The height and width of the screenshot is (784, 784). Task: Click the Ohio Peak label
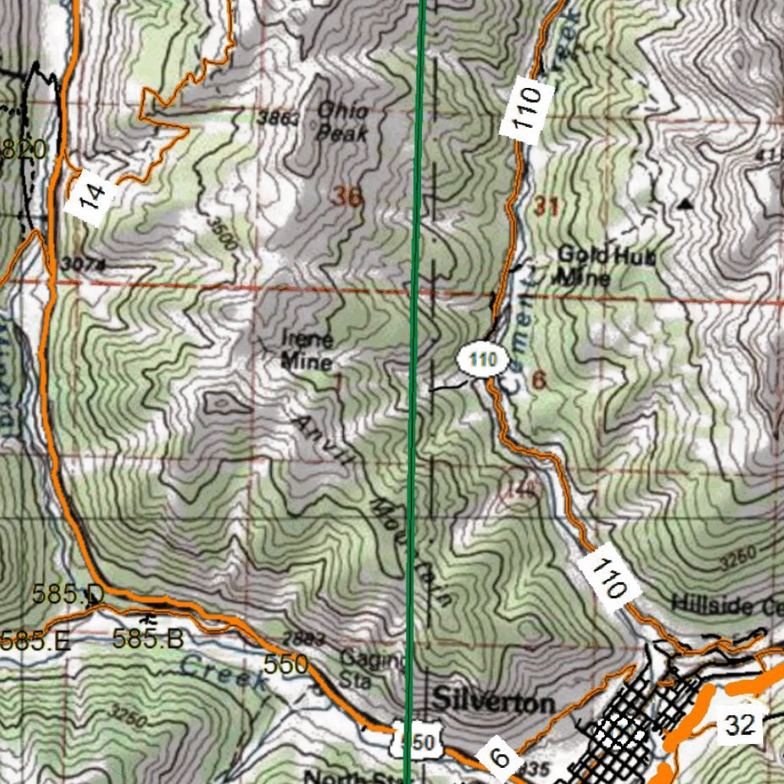click(342, 122)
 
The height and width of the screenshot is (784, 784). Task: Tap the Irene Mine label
click(307, 350)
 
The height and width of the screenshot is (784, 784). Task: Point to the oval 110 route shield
click(483, 359)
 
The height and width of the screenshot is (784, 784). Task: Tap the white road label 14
click(91, 196)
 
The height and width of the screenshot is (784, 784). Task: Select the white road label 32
click(740, 724)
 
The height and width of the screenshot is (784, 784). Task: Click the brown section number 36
click(347, 197)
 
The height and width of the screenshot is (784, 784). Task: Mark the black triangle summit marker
click(684, 204)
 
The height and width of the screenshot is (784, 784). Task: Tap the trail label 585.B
click(147, 638)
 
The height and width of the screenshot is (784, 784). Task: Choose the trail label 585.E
click(34, 639)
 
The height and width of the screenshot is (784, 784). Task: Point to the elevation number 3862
click(274, 118)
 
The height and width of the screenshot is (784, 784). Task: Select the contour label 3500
click(223, 234)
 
